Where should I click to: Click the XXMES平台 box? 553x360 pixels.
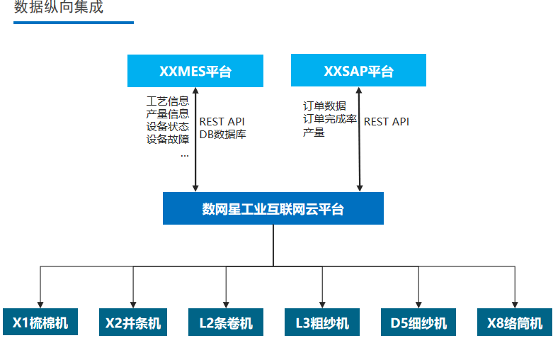click(x=195, y=71)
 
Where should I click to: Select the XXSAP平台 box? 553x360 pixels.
click(x=359, y=70)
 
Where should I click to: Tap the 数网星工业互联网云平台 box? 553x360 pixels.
click(x=273, y=208)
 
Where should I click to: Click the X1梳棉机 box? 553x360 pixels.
click(x=40, y=322)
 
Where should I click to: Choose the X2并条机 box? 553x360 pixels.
click(x=133, y=322)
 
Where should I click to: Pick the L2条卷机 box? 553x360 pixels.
click(x=226, y=322)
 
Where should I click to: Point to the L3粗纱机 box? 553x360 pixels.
click(x=322, y=322)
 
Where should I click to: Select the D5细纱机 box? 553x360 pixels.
click(x=418, y=322)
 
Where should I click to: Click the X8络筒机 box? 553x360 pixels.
click(x=515, y=322)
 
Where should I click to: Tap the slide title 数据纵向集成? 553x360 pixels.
click(x=59, y=6)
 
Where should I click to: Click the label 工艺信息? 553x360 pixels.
click(x=168, y=101)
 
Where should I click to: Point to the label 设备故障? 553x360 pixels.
click(x=168, y=139)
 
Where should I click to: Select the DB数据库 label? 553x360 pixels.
click(x=223, y=134)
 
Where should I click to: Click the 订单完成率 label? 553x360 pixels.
click(x=330, y=119)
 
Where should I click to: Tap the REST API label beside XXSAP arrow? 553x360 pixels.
click(x=387, y=122)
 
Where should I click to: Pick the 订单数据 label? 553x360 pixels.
click(x=324, y=106)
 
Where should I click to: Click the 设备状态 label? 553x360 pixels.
click(x=168, y=126)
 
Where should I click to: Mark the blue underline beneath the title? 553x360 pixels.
click(x=74, y=23)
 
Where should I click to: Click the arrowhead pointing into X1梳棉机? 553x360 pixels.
click(x=40, y=305)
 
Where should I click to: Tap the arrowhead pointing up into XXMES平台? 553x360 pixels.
click(x=195, y=90)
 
